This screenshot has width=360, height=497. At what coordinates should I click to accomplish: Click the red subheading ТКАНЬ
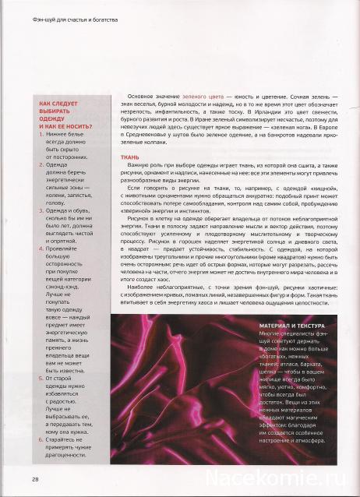click(x=129, y=157)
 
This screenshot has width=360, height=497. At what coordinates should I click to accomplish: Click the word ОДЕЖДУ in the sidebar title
click(x=53, y=118)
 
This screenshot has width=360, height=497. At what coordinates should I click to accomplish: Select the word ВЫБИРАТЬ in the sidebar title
click(x=56, y=110)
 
